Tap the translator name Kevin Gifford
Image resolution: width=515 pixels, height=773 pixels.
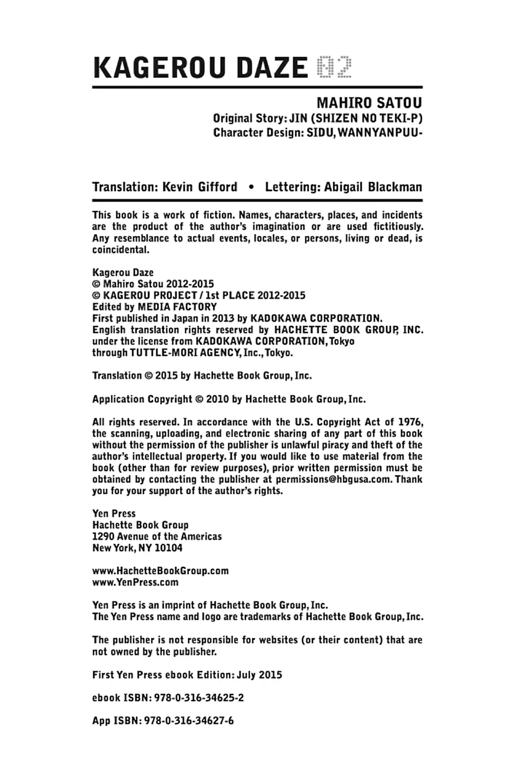(x=200, y=187)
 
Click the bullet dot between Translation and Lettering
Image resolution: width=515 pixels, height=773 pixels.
(x=251, y=187)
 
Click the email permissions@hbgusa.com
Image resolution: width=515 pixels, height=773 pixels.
(x=328, y=479)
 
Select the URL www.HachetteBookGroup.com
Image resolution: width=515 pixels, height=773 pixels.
(x=160, y=571)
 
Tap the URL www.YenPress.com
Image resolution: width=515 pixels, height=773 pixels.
(x=135, y=582)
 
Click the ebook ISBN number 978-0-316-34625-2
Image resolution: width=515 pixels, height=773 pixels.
(x=200, y=698)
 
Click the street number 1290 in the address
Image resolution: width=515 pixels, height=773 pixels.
(x=103, y=537)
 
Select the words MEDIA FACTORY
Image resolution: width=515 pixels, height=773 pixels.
(x=177, y=307)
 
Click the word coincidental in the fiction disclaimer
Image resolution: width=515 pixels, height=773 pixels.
(x=120, y=250)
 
